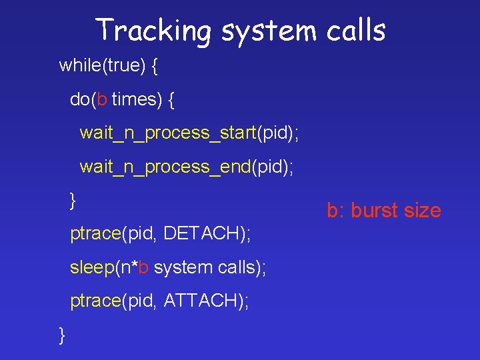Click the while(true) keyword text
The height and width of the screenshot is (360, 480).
click(x=100, y=65)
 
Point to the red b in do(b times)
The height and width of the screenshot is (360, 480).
click(x=101, y=100)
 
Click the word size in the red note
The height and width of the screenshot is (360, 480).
click(x=423, y=211)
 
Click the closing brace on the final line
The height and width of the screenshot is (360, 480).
click(x=62, y=334)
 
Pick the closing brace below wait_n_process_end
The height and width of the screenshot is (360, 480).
click(x=73, y=199)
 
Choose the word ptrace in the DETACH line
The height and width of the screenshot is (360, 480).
click(x=94, y=233)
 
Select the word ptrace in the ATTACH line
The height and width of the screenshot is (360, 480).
click(x=94, y=301)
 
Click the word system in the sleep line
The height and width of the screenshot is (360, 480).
click(x=184, y=267)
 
